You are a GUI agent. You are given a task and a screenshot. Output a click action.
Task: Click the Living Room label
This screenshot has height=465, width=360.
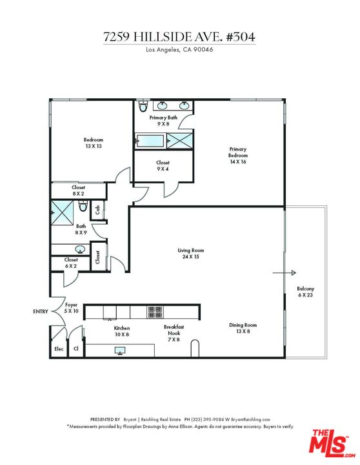point(191,253)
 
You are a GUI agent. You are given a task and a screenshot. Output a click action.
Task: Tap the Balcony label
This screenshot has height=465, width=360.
point(305,291)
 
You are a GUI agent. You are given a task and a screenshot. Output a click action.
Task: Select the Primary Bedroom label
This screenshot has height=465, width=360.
point(237,156)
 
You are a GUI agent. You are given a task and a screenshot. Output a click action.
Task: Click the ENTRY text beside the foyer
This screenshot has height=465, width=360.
point(40,311)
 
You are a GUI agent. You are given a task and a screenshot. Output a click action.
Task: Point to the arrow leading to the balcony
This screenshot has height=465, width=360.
point(284,273)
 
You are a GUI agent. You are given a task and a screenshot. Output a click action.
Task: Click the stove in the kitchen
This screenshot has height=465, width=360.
point(155,312)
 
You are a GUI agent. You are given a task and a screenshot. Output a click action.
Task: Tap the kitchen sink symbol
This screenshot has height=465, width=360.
point(120,351)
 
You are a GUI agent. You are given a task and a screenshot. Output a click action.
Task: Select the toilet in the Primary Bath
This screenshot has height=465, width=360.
point(143,107)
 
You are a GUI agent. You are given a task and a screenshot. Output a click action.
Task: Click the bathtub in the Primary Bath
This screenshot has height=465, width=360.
point(150,139)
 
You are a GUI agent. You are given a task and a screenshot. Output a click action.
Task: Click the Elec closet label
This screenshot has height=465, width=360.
point(58,349)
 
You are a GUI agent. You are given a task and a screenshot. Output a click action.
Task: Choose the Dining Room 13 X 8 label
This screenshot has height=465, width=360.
point(243,328)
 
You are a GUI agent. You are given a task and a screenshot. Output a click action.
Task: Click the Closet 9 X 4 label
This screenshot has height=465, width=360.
point(163,166)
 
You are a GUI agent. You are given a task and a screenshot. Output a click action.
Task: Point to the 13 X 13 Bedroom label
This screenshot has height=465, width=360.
point(93,143)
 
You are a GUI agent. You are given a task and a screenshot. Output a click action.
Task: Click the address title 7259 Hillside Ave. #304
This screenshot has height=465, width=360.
point(179,37)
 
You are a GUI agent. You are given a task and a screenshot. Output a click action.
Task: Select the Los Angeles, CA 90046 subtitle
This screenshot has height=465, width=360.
point(179,50)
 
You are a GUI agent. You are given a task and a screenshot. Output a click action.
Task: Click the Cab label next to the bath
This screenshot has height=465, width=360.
point(97,210)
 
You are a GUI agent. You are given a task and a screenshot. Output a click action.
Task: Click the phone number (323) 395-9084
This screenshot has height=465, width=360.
point(220,419)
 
